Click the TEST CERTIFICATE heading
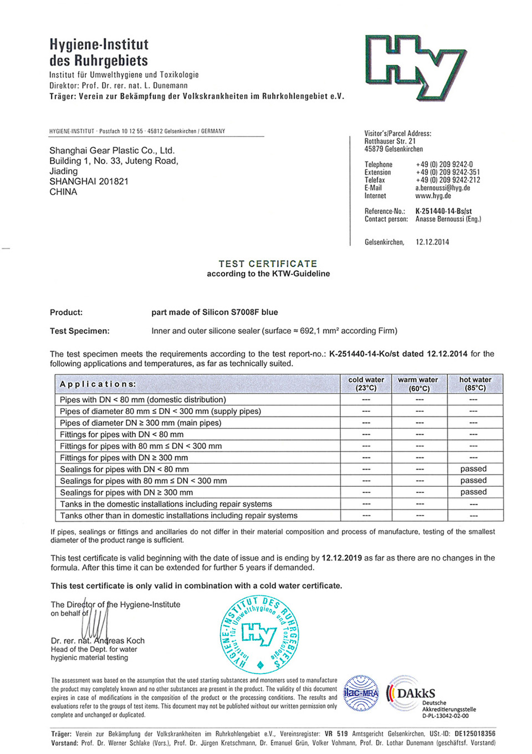(x=268, y=264)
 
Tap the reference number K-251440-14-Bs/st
(x=443, y=211)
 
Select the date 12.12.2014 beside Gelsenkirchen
(x=432, y=242)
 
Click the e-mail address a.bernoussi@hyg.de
(x=442, y=188)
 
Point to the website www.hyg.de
(x=433, y=196)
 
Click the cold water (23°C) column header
(x=366, y=384)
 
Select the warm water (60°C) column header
(x=418, y=384)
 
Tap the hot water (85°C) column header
(x=475, y=384)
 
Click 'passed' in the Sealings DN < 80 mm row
(x=473, y=469)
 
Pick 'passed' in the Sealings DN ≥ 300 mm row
(x=473, y=492)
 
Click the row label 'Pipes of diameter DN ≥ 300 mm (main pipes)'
(x=140, y=423)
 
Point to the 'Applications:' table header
(x=98, y=384)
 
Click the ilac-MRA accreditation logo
(x=361, y=693)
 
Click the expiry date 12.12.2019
(x=341, y=558)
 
